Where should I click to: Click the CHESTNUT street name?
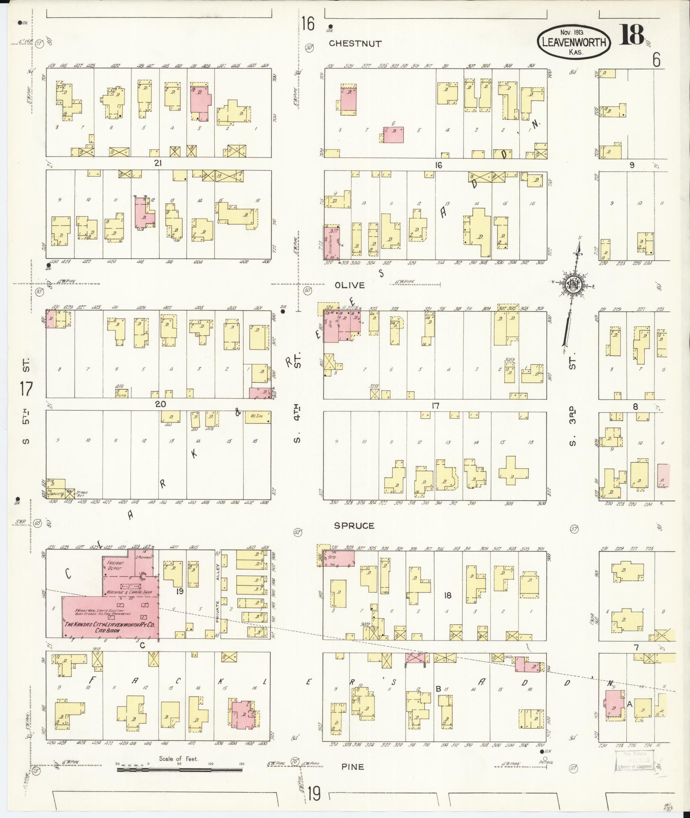coord(355,44)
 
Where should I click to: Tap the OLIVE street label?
coord(349,285)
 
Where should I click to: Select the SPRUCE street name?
coord(354,526)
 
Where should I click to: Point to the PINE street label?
coord(352,767)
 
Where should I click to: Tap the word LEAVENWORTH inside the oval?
coord(574,42)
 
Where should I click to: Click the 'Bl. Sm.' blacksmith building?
coord(258,417)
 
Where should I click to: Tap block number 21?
coord(159,163)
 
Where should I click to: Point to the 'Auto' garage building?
coord(121,393)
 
